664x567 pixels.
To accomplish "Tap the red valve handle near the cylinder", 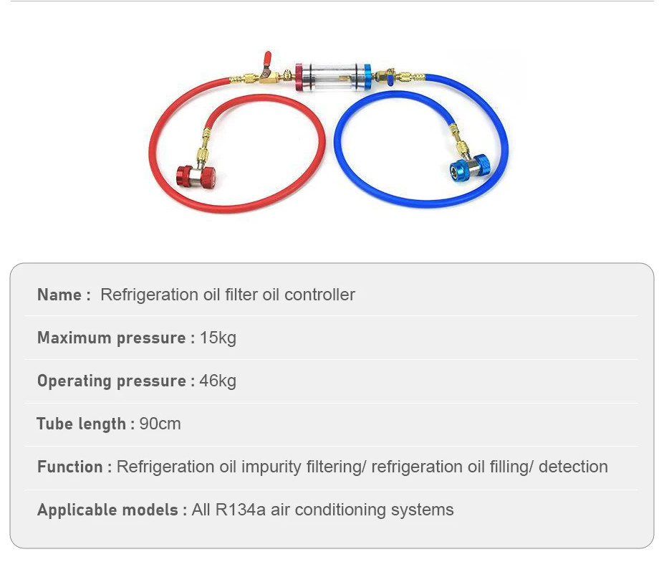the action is coord(266,61).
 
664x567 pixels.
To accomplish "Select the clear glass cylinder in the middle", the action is coord(333,77).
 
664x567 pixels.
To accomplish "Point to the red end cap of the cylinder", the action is coord(299,77).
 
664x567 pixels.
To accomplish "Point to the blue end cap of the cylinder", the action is coord(366,77).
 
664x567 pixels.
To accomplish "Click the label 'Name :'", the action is coord(64,295).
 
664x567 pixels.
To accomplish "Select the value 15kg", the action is coord(218,338).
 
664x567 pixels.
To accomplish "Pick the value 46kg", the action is coord(218,381).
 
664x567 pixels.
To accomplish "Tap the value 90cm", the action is coord(160,424).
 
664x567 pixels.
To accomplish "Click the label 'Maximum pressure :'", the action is coord(116,338).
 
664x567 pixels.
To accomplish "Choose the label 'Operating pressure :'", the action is coord(116,381).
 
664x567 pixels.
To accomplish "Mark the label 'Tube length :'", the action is coord(85,424).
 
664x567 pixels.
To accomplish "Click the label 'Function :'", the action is coord(74,467).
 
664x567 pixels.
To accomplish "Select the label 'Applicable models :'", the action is coord(112,510).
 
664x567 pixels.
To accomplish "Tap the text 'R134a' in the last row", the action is coord(241,510).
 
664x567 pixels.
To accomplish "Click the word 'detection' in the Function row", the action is coord(573,467).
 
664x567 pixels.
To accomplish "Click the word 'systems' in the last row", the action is coord(422,510).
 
